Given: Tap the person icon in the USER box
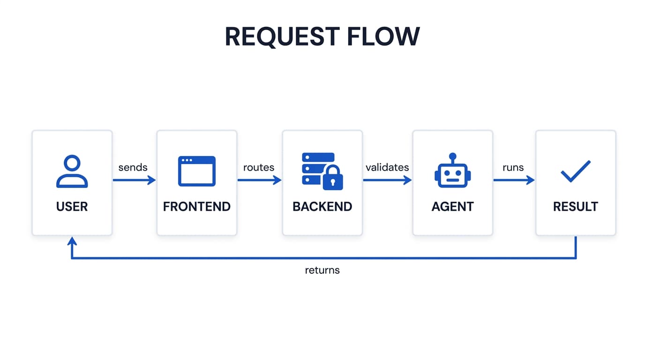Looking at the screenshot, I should pos(72,172).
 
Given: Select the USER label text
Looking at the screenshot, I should pos(72,207).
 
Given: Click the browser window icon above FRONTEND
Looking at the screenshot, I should pos(196,171).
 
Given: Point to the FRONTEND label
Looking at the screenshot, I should pos(196,207).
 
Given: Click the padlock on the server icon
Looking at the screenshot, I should pos(333,179).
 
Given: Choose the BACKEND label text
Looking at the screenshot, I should pos(322,207).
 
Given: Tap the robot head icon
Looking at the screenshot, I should pos(452,175).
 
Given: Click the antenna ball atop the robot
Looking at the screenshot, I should pos(452,156).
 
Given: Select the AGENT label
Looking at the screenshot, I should pos(452,207).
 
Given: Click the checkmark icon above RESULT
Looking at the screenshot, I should pos(575,171).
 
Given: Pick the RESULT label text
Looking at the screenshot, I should pos(575,207).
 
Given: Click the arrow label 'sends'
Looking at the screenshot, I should pos(133,167).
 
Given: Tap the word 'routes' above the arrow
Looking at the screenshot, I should pos(259,167).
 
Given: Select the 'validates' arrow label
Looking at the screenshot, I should pos(387,167).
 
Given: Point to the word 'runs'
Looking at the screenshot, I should pos(513,167).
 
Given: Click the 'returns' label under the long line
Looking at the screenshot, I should pos(322,270).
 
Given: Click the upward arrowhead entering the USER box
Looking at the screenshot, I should pos(72,241).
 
